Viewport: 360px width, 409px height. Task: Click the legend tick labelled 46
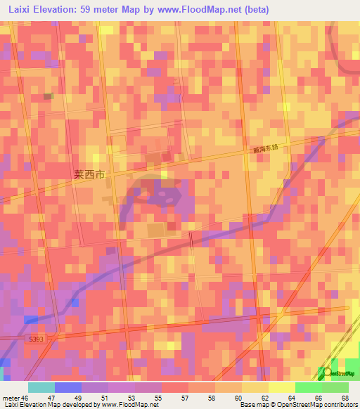click(27, 398)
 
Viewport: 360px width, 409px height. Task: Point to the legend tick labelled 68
click(345, 398)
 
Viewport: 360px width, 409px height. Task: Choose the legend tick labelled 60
click(239, 398)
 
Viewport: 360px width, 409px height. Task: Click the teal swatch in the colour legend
click(41, 387)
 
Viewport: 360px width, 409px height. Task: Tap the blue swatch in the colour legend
click(67, 387)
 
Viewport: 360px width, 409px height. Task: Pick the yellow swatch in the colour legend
click(281, 387)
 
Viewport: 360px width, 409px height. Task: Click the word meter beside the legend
click(11, 398)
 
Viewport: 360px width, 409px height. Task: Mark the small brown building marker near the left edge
click(48, 96)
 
